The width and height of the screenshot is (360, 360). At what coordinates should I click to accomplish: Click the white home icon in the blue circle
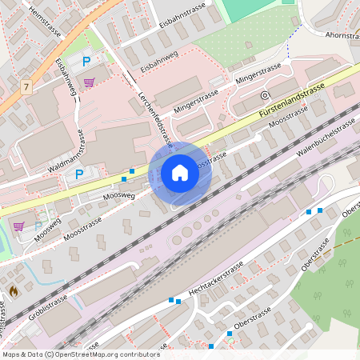pyautogui.click(x=180, y=172)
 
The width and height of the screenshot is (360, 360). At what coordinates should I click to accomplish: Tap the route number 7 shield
pyautogui.click(x=27, y=86)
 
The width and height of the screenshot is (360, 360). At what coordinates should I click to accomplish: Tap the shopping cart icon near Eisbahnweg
pyautogui.click(x=89, y=82)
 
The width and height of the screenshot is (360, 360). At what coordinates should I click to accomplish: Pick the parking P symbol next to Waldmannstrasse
pyautogui.click(x=78, y=174)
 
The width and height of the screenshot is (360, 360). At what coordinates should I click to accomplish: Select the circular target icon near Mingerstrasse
pyautogui.click(x=264, y=95)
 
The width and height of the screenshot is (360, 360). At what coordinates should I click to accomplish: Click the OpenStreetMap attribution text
pyautogui.click(x=80, y=354)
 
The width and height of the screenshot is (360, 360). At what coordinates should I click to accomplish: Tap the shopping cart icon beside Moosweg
pyautogui.click(x=18, y=226)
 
